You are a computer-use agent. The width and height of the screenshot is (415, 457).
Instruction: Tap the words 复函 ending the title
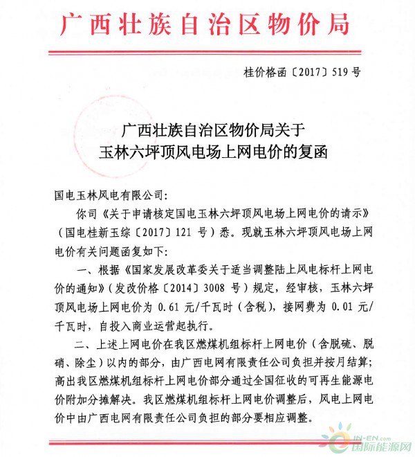point(302,153)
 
